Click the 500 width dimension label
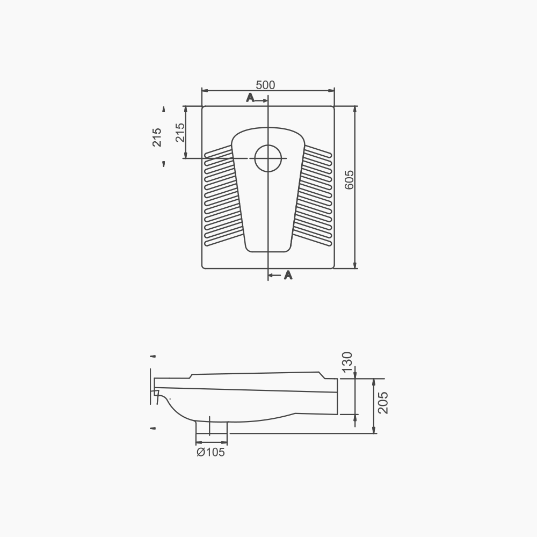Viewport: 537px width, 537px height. coord(265,85)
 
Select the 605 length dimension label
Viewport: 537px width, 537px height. coord(349,179)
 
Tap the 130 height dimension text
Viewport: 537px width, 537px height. coord(347,361)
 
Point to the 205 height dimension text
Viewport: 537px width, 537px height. coord(383,403)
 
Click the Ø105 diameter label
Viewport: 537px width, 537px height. coord(211,452)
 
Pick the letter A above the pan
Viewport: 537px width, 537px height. coord(250,98)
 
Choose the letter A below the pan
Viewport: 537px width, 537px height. coord(288,275)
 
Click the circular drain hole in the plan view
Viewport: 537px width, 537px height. coord(268,158)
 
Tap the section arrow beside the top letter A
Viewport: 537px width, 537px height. coord(262,101)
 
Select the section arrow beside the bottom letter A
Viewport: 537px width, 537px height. coord(274,275)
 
